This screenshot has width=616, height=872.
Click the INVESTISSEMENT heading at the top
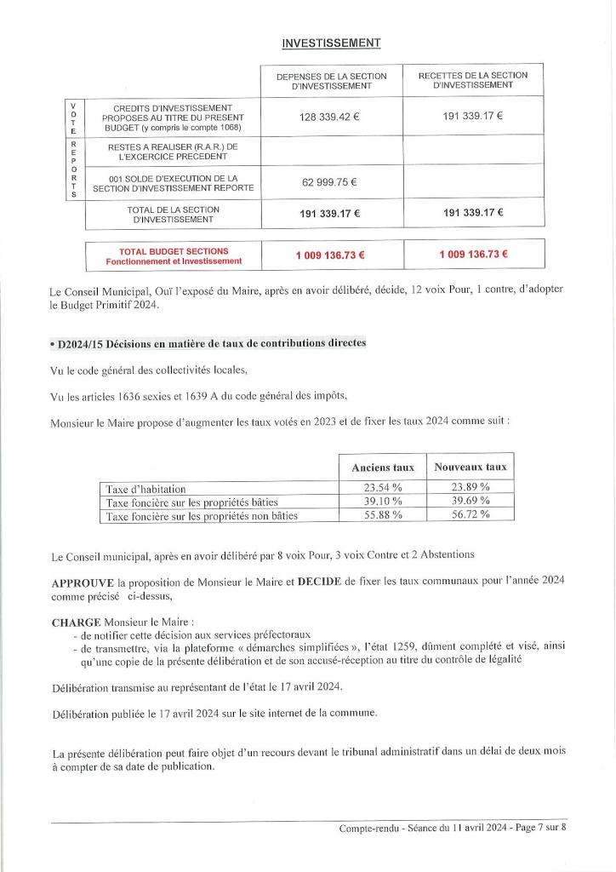(x=331, y=43)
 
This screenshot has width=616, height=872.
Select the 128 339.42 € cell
(x=329, y=117)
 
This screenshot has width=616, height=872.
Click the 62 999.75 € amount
(x=329, y=181)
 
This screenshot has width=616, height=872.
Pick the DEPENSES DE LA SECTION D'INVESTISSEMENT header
(x=331, y=81)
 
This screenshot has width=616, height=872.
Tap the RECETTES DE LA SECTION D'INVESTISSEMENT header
(x=472, y=80)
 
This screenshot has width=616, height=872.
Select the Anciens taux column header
(x=382, y=468)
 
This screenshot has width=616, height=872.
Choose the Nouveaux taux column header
(x=470, y=467)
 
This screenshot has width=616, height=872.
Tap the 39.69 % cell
(x=470, y=502)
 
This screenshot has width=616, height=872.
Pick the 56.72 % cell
(x=470, y=515)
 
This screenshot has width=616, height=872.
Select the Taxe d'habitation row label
(x=146, y=489)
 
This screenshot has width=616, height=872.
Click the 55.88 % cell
(x=382, y=515)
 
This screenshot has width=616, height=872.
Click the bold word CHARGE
(x=76, y=622)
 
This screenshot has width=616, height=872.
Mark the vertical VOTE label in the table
(x=74, y=118)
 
